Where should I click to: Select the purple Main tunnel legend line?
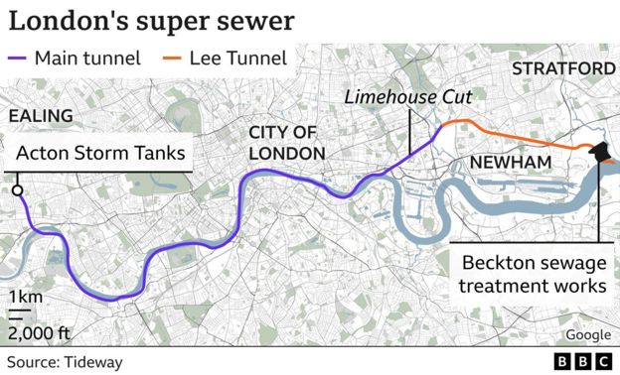(19, 58)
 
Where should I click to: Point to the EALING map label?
(41, 116)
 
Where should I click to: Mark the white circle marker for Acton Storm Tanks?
(17, 190)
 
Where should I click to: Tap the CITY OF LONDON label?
(286, 143)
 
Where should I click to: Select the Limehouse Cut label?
(407, 97)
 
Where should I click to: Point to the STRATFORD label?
(563, 68)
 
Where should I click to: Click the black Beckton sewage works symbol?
(600, 152)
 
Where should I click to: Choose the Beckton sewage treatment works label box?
(535, 274)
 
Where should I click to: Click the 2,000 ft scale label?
(38, 331)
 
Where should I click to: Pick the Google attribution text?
(589, 335)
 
